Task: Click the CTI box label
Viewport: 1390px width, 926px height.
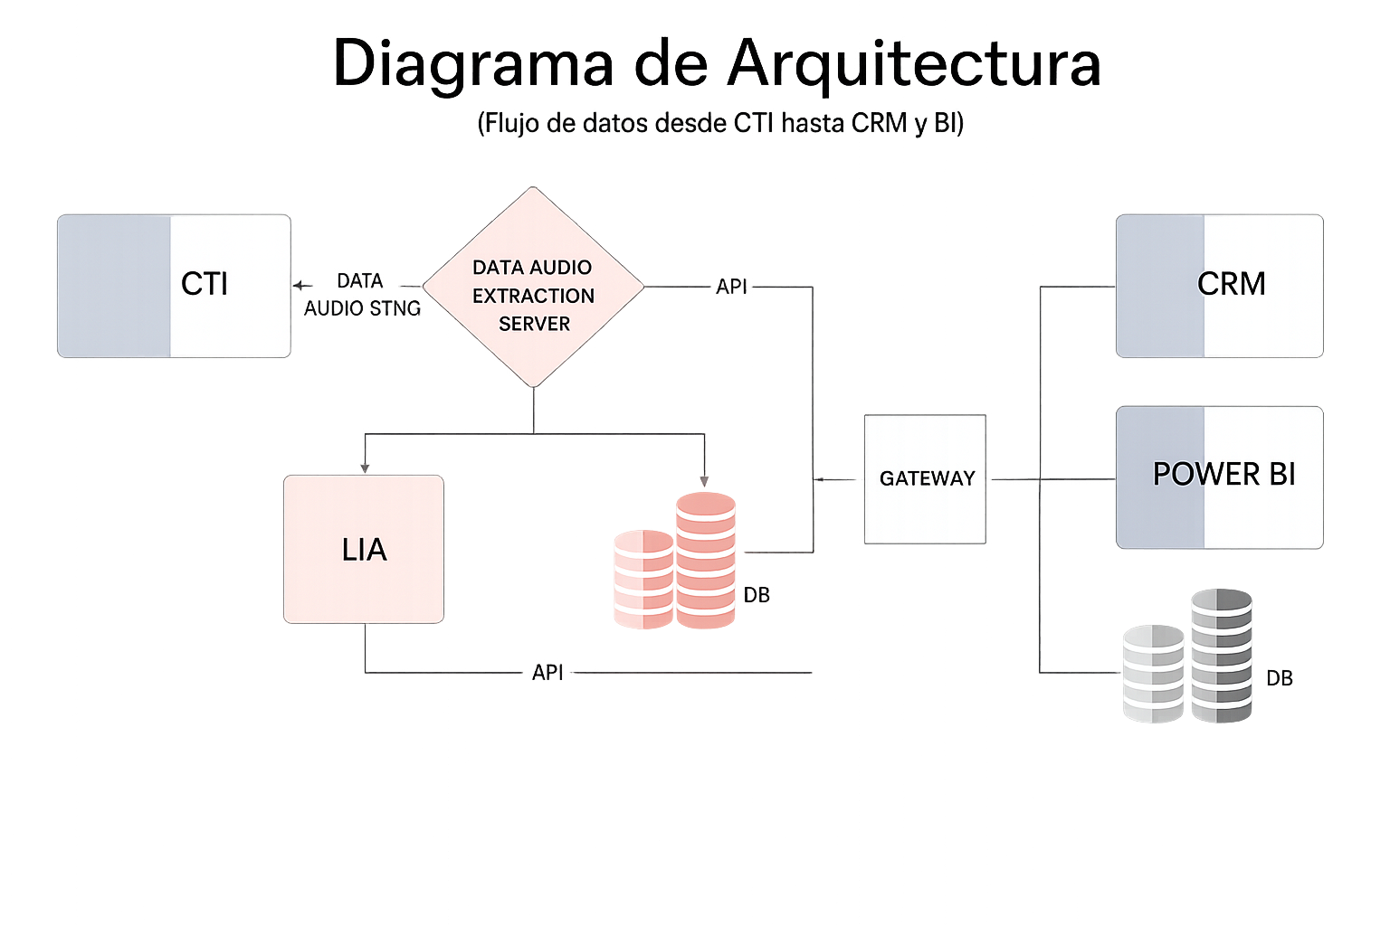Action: (x=205, y=284)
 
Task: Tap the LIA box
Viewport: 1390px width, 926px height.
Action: (x=364, y=549)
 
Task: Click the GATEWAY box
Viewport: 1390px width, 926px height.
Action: (x=925, y=478)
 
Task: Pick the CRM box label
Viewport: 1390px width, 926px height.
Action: (x=1231, y=284)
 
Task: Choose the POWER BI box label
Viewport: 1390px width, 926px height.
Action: (x=1223, y=475)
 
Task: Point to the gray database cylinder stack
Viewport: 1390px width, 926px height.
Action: (x=1188, y=657)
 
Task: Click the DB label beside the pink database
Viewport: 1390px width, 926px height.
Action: (x=757, y=595)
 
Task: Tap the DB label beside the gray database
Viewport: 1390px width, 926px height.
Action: (x=1280, y=678)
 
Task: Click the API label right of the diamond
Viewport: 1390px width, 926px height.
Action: (x=731, y=287)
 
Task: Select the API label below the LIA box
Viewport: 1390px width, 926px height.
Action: (x=547, y=673)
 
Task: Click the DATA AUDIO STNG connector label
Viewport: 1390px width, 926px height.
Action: (x=362, y=295)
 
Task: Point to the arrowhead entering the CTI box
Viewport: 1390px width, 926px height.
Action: (x=298, y=286)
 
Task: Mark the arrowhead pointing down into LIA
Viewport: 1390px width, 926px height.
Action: (x=365, y=468)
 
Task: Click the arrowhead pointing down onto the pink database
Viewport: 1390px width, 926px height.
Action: (x=704, y=481)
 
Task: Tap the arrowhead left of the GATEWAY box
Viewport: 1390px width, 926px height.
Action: (x=819, y=479)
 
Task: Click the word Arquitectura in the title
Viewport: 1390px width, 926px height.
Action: (x=914, y=63)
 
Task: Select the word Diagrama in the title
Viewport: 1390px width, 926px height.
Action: (x=473, y=63)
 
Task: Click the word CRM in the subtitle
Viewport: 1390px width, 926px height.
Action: (x=879, y=123)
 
